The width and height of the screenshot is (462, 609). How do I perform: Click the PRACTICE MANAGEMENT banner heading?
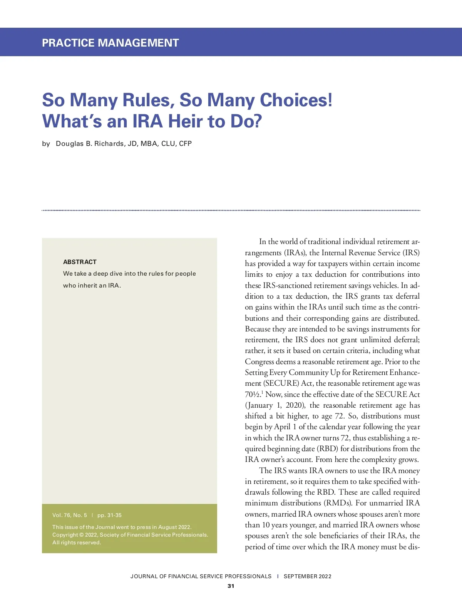tap(110, 43)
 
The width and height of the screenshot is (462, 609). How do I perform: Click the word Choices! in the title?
tap(296, 100)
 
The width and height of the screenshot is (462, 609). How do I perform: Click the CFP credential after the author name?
tap(185, 144)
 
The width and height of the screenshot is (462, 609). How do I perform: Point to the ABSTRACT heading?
tap(80, 262)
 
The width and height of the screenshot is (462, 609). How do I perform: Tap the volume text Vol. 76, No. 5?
tap(70, 515)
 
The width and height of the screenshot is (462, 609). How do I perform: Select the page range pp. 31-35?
tap(109, 515)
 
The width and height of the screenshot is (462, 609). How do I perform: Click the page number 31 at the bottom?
tap(231, 586)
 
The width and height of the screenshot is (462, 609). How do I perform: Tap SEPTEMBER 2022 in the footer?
tap(307, 576)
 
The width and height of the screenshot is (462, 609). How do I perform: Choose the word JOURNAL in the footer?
tap(144, 576)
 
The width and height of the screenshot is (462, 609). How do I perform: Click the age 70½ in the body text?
tap(253, 395)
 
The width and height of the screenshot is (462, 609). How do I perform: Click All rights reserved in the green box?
tap(77, 542)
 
